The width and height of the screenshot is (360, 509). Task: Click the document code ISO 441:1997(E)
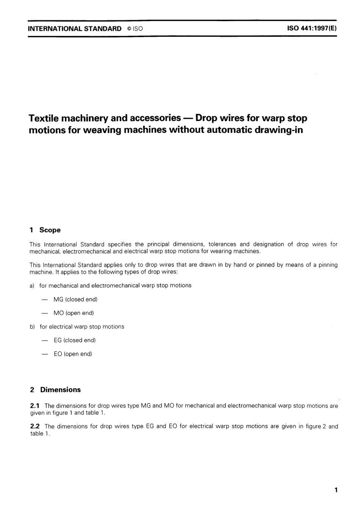[312, 28]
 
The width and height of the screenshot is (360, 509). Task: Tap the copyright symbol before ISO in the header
[129, 29]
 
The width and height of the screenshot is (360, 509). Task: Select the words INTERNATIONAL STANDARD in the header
[75, 29]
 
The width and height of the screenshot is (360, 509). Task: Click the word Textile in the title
[44, 118]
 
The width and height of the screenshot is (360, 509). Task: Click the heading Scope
[50, 230]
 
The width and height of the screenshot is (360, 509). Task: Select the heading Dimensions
[61, 390]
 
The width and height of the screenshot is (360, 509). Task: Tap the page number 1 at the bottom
[336, 490]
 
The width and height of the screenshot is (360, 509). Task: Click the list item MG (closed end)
[75, 299]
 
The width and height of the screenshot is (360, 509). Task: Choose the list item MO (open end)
[74, 313]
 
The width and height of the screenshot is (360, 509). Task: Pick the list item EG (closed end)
[75, 340]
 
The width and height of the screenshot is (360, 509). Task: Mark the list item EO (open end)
[73, 354]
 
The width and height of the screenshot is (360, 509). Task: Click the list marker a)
[32, 286]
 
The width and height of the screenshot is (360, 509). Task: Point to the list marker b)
[32, 326]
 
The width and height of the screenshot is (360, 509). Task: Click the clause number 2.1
[35, 406]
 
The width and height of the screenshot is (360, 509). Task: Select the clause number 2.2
[35, 426]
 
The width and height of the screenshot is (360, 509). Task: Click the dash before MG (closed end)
[45, 299]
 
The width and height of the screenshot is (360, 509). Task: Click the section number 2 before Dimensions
[32, 390]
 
